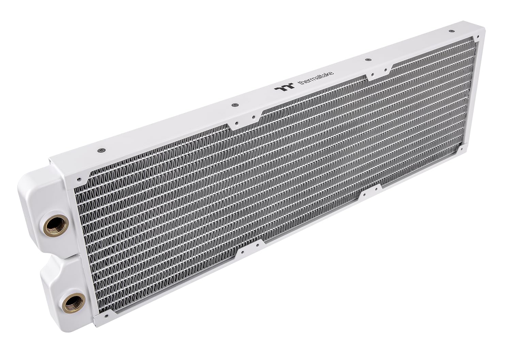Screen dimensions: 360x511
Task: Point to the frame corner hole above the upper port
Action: pos(79,178)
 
